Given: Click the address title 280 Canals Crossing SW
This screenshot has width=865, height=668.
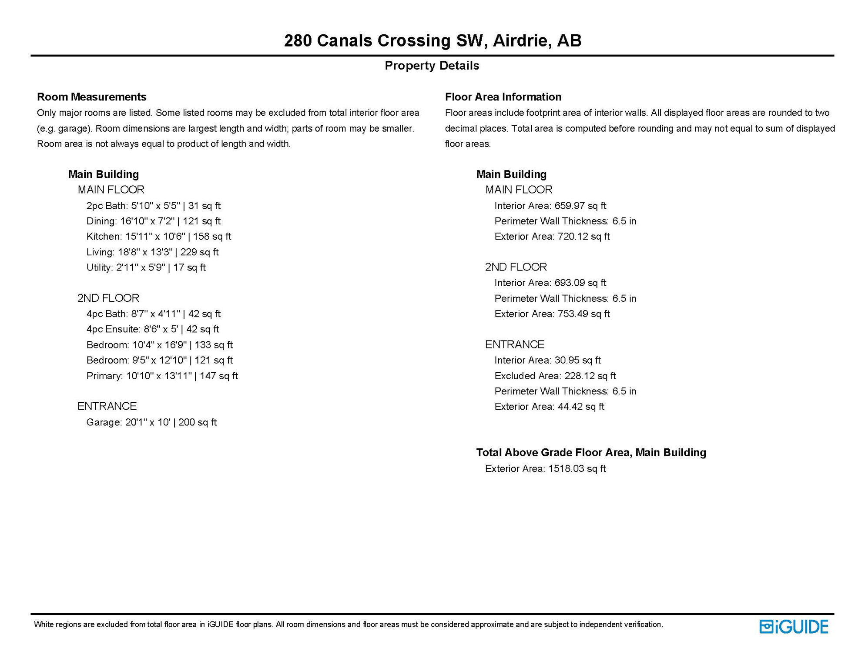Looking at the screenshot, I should (x=432, y=40).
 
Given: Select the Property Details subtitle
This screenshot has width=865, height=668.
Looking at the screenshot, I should (x=432, y=66).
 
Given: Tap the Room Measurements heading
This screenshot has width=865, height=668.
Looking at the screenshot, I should (x=91, y=97).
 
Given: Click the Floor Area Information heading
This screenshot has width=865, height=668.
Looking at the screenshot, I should (x=503, y=97).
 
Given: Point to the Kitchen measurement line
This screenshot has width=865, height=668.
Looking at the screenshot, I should (x=158, y=237).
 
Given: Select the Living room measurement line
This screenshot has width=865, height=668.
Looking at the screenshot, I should (x=152, y=252).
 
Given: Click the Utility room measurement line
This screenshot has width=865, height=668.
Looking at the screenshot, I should (x=146, y=267).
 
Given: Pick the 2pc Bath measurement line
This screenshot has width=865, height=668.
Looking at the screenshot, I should (x=153, y=206).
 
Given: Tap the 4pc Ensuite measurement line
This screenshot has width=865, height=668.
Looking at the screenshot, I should (x=152, y=329).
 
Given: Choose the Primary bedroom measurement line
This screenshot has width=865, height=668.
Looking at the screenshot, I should (x=162, y=376).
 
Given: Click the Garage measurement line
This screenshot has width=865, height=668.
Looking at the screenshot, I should (x=151, y=422).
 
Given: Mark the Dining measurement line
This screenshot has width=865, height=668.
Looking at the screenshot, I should (x=153, y=221).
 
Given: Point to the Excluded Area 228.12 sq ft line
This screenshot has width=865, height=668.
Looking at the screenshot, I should (x=555, y=376).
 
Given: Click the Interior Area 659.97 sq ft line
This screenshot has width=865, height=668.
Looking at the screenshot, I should (x=550, y=206).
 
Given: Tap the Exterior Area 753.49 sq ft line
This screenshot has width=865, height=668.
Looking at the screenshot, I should (x=552, y=314).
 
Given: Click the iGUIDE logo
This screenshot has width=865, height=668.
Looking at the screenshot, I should (x=794, y=627).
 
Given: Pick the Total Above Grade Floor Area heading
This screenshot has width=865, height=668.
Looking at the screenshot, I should (x=591, y=453).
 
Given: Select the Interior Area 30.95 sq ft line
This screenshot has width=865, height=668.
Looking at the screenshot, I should (x=547, y=360).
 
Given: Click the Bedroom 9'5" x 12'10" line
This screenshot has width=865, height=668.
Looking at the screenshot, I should (x=159, y=360).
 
